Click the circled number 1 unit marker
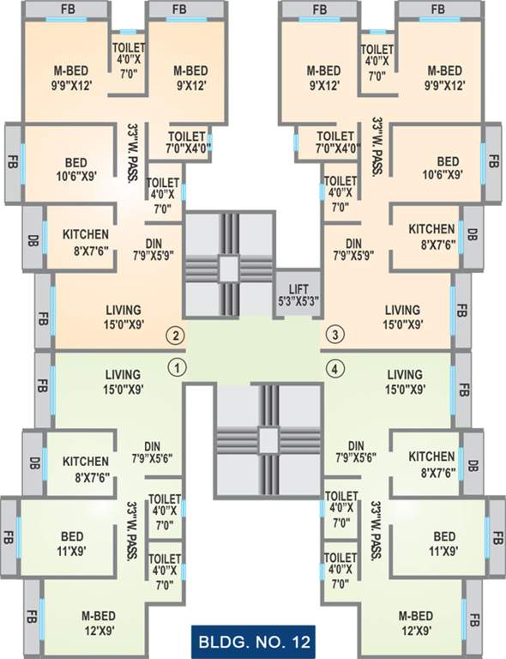tap(176, 368)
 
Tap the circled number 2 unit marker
tap(176, 335)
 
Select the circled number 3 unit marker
tap(335, 335)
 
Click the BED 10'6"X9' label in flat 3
tap(448, 168)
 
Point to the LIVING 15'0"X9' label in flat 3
tap(403, 316)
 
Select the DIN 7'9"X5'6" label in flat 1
tap(153, 451)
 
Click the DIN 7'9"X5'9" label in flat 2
tap(153, 249)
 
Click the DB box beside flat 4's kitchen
tap(473, 466)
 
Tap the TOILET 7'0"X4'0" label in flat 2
tap(188, 142)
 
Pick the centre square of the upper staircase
tap(227, 267)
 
